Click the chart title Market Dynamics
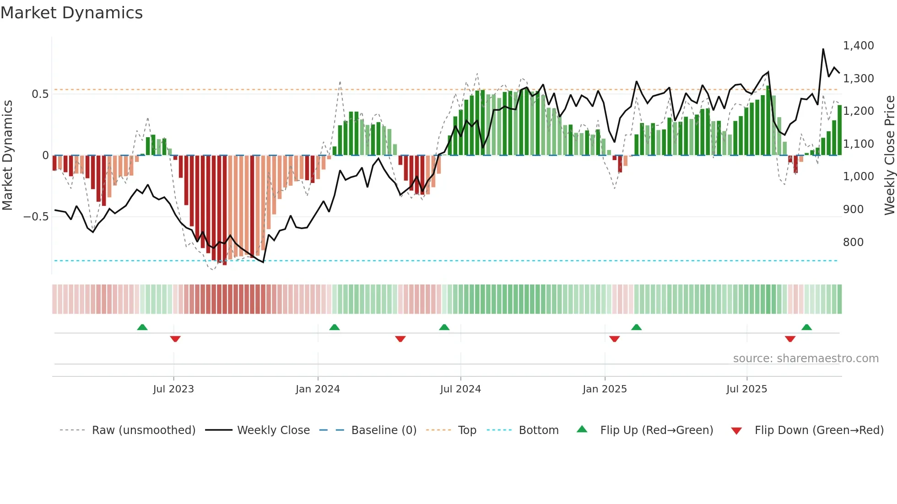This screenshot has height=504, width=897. pos(71,13)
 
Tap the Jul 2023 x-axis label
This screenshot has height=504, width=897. pos(173,389)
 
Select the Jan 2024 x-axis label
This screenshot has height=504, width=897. pos(318,389)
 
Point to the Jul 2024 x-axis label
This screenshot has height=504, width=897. pos(460,389)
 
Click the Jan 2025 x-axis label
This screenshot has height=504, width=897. pos(605,389)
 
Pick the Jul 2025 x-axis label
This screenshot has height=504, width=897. pos(746,389)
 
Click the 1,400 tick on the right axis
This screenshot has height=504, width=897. pos(858,46)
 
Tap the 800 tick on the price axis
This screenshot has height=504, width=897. pos(853,242)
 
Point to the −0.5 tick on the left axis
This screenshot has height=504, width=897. pos(36,217)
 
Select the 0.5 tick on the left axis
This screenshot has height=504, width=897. pos(40,94)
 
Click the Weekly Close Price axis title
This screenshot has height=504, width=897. pos(889,155)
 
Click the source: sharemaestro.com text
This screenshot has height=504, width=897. pos(805,359)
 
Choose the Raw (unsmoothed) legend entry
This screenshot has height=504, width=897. pos(143,430)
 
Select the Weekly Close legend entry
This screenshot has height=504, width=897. pos(273,430)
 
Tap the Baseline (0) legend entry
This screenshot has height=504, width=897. pos(384,430)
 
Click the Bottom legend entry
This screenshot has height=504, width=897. pos(538,430)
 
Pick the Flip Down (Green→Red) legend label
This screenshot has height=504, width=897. pos(819,430)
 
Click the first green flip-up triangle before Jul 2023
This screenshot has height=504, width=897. pos(142,327)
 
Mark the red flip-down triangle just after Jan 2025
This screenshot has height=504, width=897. pos(614,339)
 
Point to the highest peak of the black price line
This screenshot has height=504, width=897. pos(823,49)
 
